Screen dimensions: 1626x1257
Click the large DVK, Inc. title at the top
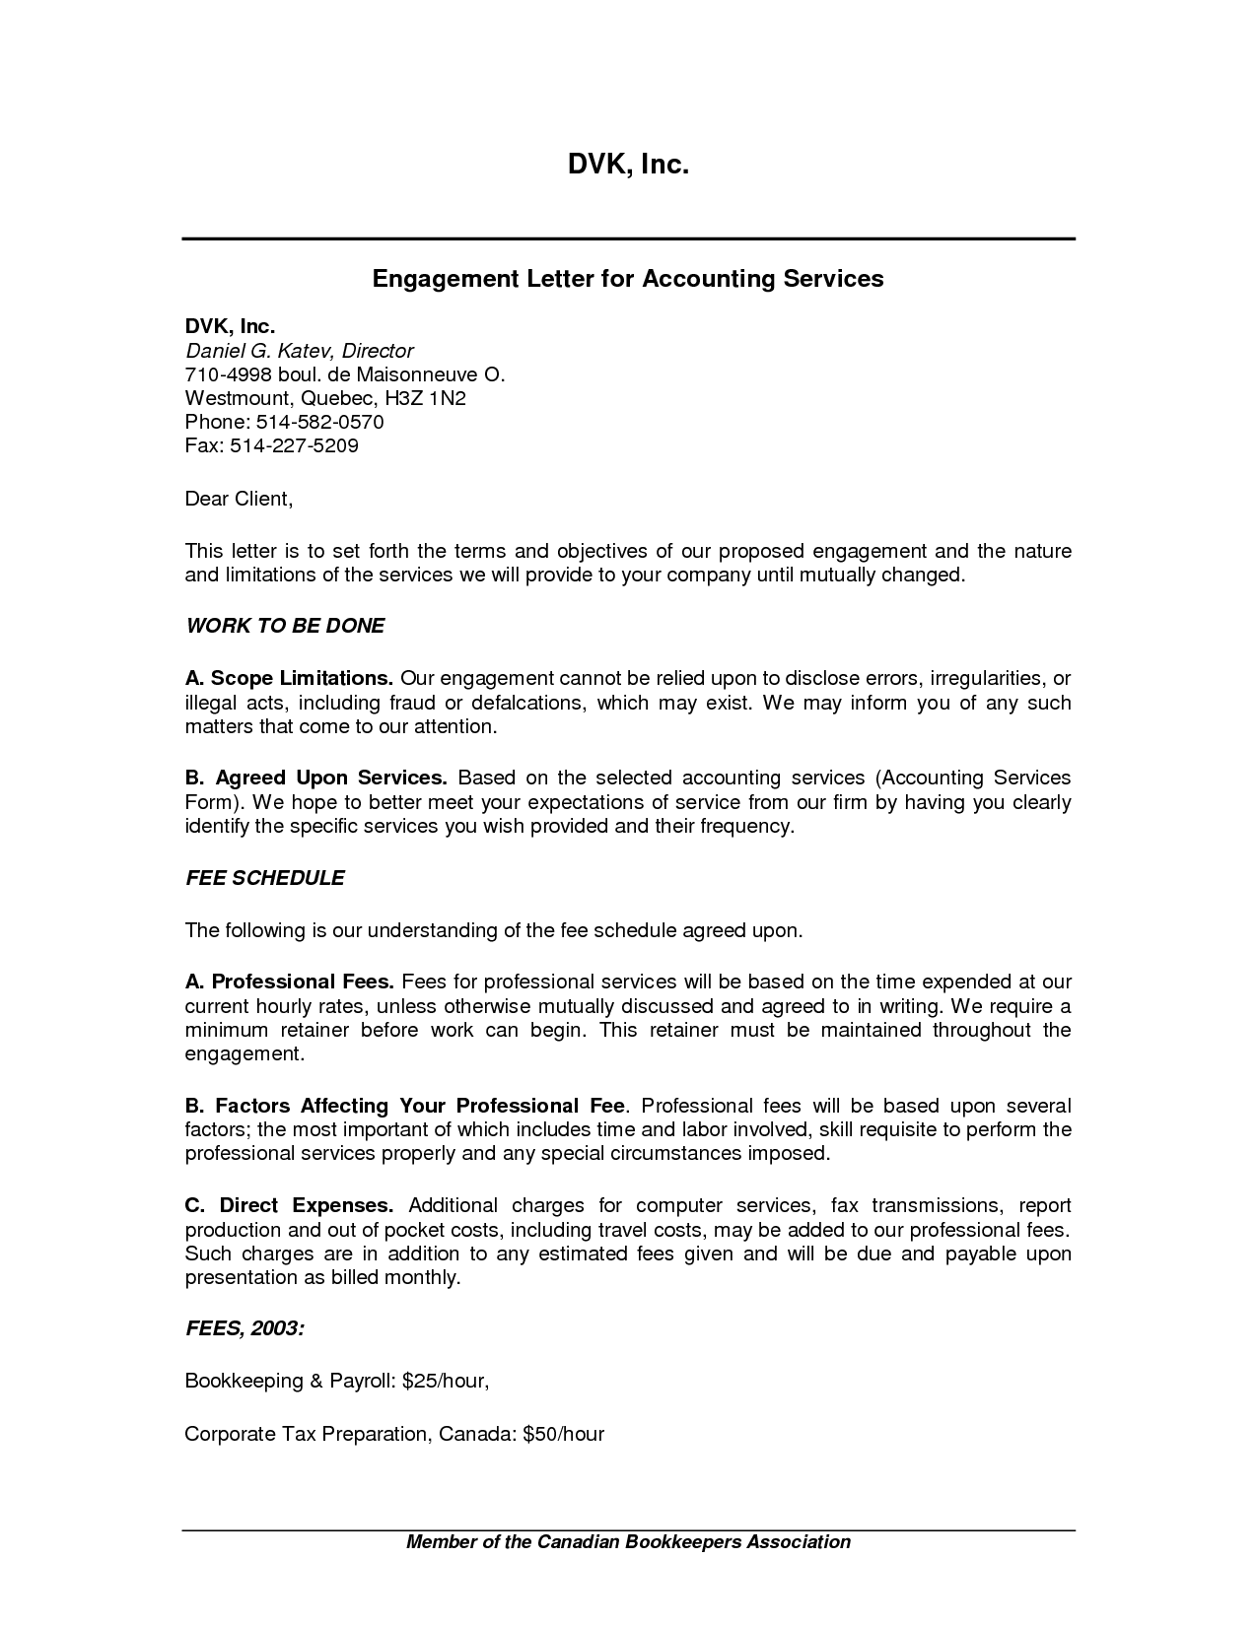coord(627,165)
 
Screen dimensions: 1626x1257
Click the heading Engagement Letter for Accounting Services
coord(627,279)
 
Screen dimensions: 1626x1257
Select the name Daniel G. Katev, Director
coord(299,351)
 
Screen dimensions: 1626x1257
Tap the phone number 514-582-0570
coord(319,422)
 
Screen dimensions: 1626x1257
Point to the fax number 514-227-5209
coord(294,445)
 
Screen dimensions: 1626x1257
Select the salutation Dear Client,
coord(239,499)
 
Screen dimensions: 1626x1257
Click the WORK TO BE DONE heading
coord(284,626)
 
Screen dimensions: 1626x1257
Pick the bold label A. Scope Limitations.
coord(289,678)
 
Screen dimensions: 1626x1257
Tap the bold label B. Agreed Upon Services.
coord(315,778)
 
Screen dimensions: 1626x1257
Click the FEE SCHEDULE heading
coord(264,878)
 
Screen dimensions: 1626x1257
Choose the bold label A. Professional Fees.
coord(289,982)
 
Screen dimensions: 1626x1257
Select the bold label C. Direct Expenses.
coord(289,1205)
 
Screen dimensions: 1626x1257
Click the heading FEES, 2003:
coord(244,1328)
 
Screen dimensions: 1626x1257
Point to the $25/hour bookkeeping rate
coord(445,1381)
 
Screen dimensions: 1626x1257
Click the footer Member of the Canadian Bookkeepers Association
coord(628,1542)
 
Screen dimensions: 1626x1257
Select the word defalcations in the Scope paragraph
coord(526,703)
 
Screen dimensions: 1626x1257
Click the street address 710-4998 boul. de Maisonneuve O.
coord(344,374)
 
